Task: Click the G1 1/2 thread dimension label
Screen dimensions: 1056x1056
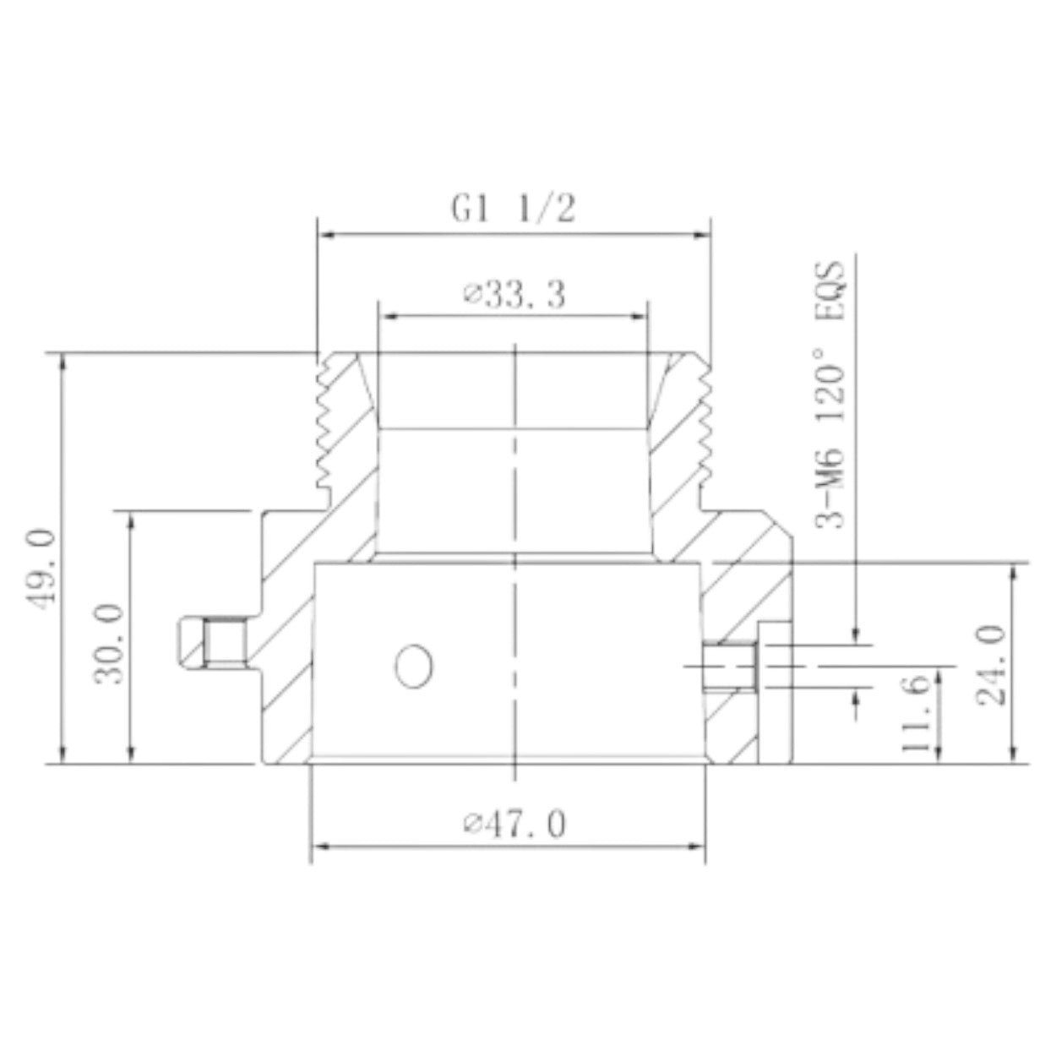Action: click(514, 208)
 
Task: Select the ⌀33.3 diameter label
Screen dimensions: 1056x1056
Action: click(514, 296)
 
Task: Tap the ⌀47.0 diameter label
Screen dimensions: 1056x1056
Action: click(514, 824)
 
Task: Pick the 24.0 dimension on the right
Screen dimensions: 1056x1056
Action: click(990, 665)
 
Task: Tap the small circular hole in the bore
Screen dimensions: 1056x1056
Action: click(414, 666)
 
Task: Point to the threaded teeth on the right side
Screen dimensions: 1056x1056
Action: click(705, 422)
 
